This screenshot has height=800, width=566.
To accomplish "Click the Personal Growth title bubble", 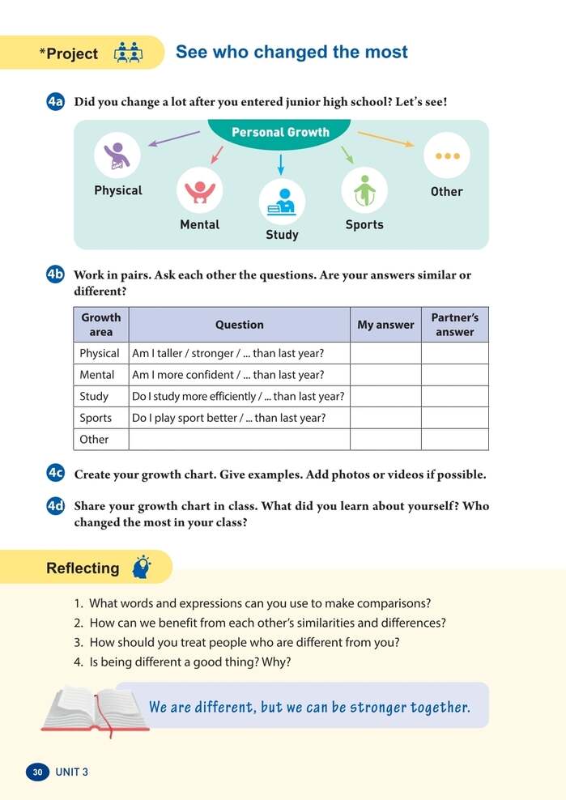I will [x=280, y=133].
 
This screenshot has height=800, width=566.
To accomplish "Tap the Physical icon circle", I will [x=117, y=155].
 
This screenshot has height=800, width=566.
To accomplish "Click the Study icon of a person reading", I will [x=282, y=201].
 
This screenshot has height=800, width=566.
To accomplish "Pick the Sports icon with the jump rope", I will [x=364, y=190].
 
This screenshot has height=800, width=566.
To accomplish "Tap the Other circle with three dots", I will [x=446, y=155].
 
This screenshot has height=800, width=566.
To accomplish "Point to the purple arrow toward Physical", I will [x=173, y=138].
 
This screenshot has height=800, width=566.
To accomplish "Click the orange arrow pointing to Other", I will [x=385, y=139].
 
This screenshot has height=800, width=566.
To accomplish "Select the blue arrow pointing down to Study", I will [x=281, y=164].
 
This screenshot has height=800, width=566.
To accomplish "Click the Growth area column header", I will [x=101, y=325].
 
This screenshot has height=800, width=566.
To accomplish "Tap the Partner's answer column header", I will [x=454, y=325].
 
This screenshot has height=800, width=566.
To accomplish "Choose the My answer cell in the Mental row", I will [x=385, y=375].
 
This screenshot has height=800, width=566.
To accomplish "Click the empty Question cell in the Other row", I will [x=239, y=439].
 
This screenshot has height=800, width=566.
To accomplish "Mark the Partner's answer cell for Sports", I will [x=454, y=418].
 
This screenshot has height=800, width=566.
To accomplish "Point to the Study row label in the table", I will [x=94, y=397].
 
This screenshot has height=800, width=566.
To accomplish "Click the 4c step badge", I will [x=56, y=474].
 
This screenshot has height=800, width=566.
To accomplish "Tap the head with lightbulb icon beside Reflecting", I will [x=141, y=567].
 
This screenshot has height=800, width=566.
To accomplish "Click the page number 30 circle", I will [x=37, y=772].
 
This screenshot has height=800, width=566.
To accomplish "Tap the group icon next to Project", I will [x=128, y=53].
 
